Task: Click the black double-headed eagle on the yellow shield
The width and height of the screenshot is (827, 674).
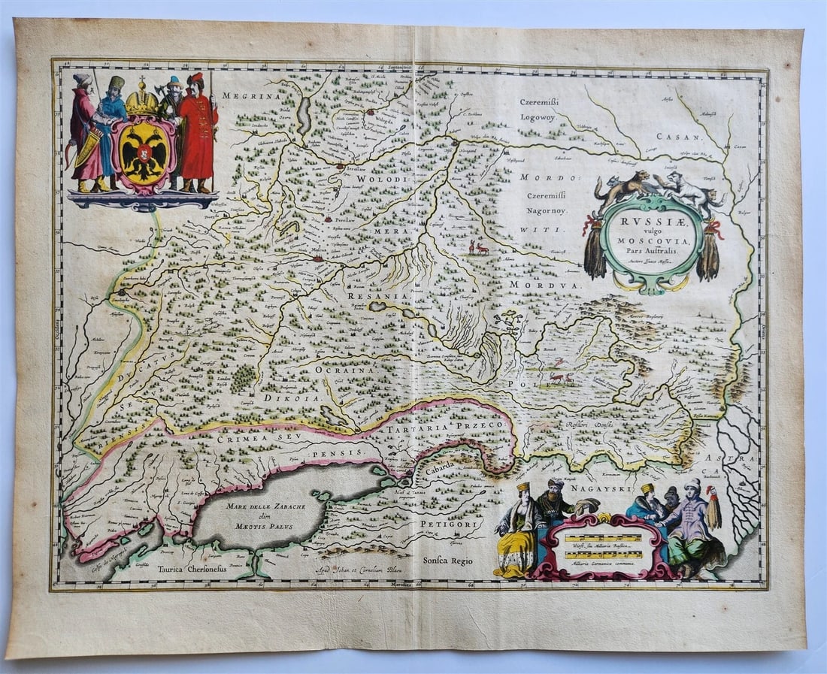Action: (x=143, y=153)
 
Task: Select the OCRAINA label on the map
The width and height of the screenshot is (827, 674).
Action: (x=345, y=370)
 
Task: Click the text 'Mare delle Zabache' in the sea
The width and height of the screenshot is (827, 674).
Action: (x=260, y=506)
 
